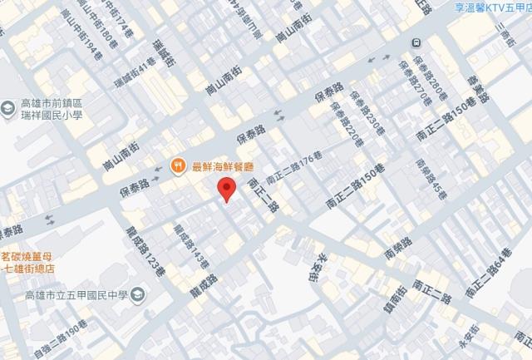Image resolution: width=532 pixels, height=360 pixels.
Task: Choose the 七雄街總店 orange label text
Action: [34, 268]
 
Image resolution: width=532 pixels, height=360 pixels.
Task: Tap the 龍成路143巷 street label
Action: [184, 243]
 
